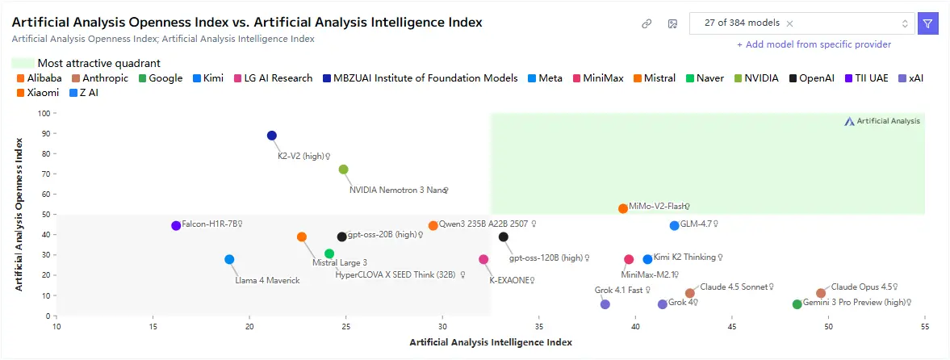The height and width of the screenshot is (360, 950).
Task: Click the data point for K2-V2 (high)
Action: [x=272, y=136]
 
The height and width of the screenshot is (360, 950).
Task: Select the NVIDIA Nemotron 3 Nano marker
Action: [x=344, y=170]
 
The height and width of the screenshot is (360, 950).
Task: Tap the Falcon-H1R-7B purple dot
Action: [x=176, y=225]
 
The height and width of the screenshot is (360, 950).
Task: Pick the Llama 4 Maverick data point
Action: [x=229, y=259]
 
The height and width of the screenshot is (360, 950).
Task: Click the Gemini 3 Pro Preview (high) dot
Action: [x=797, y=304]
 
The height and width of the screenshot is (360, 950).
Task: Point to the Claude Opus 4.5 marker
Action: [x=821, y=293]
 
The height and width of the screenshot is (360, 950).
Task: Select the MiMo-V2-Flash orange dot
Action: [x=623, y=208]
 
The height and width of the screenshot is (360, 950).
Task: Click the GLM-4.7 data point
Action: [x=675, y=225]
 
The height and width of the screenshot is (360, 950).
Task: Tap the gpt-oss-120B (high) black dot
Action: [x=504, y=237]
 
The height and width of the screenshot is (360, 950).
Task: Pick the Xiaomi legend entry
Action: [x=37, y=93]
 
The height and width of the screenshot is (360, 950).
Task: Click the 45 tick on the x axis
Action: [x=732, y=327]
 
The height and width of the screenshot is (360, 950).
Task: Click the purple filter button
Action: [x=928, y=23]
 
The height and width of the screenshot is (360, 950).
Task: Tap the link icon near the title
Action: [x=647, y=23]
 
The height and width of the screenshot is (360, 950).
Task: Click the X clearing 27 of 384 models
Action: [x=789, y=23]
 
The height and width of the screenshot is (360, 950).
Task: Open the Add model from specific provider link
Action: [x=814, y=44]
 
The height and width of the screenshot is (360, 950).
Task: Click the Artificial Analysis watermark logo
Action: [x=882, y=121]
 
